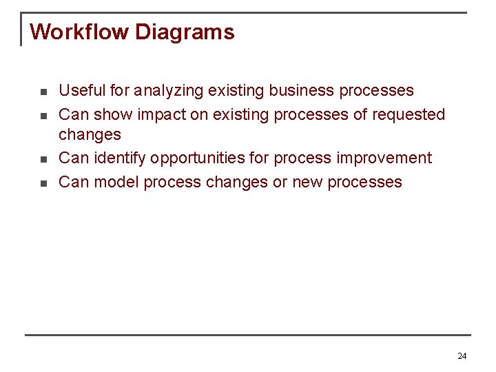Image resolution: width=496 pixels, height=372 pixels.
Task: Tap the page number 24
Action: click(x=462, y=356)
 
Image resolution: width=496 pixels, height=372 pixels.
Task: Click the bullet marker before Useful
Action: click(x=43, y=92)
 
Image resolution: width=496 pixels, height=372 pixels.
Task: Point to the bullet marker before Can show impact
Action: click(x=43, y=115)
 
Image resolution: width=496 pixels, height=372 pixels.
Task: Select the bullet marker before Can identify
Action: click(x=43, y=159)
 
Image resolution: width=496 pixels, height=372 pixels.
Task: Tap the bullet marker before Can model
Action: click(x=43, y=183)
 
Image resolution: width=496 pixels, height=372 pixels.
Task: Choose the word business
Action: click(x=299, y=91)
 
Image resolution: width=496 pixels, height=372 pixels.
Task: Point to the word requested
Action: click(x=409, y=114)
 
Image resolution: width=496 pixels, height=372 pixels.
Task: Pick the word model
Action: click(x=114, y=182)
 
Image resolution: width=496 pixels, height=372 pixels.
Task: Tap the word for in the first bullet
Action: click(x=120, y=91)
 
